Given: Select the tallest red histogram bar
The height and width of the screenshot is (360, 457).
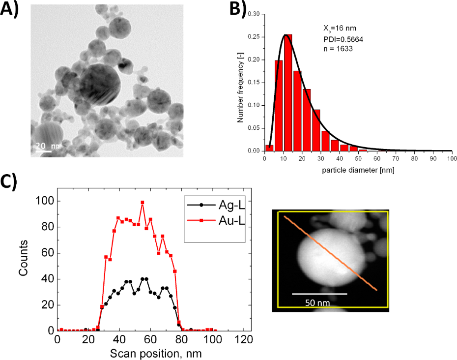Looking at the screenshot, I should pyautogui.click(x=287, y=93).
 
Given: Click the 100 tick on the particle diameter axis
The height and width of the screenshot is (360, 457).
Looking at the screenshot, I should pyautogui.click(x=452, y=159).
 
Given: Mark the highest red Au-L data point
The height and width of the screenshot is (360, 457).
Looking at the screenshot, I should pyautogui.click(x=143, y=202).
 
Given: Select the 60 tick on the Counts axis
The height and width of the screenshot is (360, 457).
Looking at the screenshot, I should pyautogui.click(x=47, y=253).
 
